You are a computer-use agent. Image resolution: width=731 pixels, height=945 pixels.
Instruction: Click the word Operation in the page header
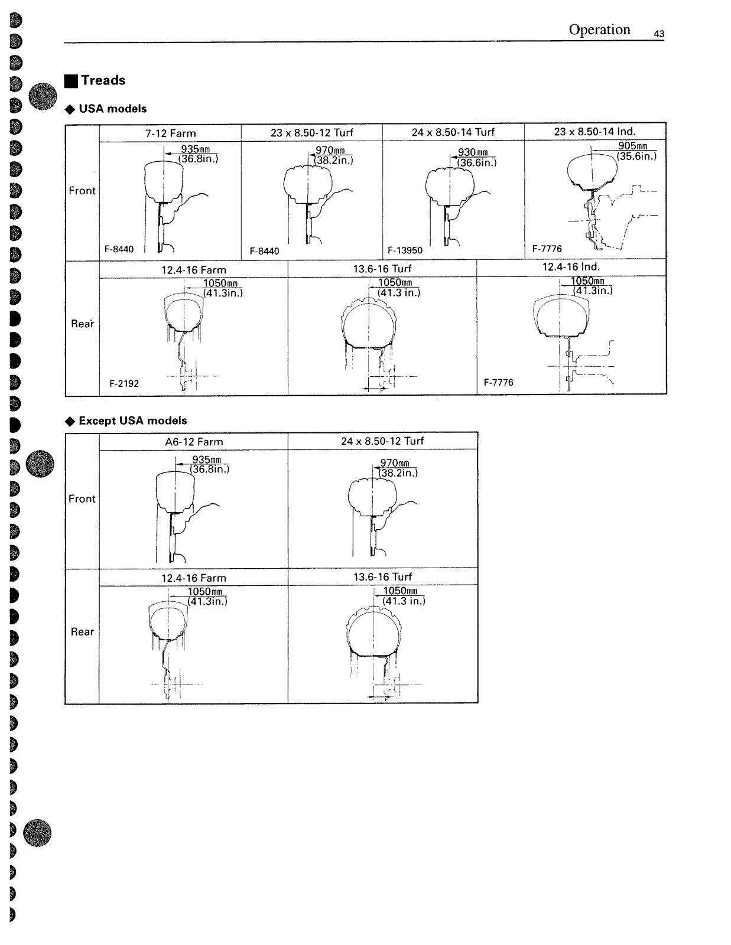599,30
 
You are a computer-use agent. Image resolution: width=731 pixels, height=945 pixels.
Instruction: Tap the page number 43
659,34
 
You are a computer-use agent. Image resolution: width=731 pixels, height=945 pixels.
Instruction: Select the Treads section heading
103,80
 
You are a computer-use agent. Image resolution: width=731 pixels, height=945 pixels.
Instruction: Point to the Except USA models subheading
132,421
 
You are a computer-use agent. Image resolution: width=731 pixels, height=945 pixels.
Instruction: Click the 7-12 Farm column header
170,133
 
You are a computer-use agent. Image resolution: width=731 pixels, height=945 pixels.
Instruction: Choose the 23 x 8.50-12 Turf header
311,133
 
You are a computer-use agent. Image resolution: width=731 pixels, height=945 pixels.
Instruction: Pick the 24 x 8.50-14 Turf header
453,132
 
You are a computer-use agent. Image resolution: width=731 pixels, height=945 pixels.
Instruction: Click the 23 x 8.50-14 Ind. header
594,132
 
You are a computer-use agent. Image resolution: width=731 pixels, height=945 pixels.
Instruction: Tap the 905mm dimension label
633,146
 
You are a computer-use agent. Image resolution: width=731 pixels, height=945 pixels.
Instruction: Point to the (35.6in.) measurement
636,157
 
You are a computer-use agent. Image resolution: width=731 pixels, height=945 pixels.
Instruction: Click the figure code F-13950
405,250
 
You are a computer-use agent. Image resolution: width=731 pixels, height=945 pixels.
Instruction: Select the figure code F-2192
124,383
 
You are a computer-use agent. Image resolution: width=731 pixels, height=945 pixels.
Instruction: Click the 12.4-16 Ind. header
571,267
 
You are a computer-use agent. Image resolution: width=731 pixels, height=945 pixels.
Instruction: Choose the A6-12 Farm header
194,442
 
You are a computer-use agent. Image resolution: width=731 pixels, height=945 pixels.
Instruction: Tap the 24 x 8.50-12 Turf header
382,441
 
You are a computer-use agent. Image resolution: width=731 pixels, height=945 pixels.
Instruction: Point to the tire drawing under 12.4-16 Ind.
561,316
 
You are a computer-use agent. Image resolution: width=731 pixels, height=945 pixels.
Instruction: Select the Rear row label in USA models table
82,324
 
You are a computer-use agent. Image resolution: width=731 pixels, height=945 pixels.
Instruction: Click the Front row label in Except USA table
82,498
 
